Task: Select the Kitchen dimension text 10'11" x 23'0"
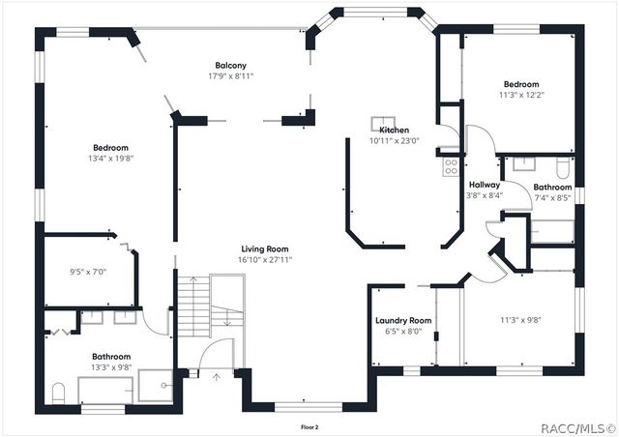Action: pos(393,141)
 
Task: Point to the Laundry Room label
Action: pos(402,320)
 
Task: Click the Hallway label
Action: pos(485,185)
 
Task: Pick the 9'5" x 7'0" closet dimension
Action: pos(88,272)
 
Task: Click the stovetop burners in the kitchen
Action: pos(451,167)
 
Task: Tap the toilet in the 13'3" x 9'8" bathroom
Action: pos(59,393)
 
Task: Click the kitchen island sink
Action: pos(377,123)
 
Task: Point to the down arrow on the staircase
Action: pos(224,324)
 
